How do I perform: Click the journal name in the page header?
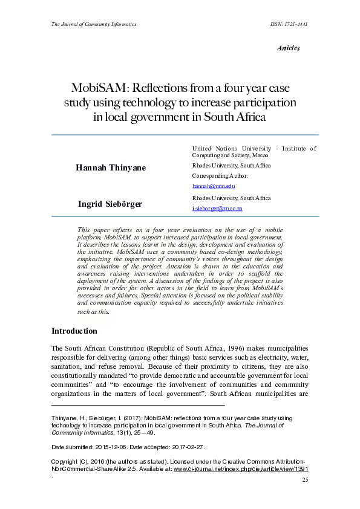point(94,24)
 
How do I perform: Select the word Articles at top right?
point(288,48)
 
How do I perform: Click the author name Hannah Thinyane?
point(111,167)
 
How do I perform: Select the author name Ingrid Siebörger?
point(110,204)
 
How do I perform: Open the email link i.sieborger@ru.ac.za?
point(217,208)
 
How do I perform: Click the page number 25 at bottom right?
point(305,480)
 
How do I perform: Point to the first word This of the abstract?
point(85,230)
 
